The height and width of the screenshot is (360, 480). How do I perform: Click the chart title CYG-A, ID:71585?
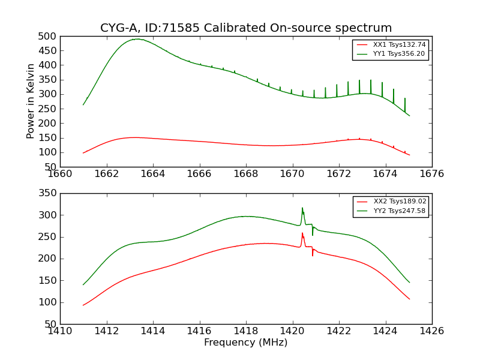(246, 28)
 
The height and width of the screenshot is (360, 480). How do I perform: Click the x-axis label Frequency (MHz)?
(246, 343)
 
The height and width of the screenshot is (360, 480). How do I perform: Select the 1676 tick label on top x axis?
(432, 174)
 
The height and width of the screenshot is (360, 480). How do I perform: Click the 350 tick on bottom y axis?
(48, 193)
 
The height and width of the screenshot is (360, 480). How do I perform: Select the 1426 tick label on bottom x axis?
(432, 331)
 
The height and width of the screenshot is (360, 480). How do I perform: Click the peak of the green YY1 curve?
(137, 39)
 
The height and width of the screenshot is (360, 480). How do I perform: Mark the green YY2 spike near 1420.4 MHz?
(302, 208)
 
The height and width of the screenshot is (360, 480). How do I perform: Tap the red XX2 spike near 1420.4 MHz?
(302, 233)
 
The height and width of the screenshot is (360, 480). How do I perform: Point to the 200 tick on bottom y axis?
(48, 259)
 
